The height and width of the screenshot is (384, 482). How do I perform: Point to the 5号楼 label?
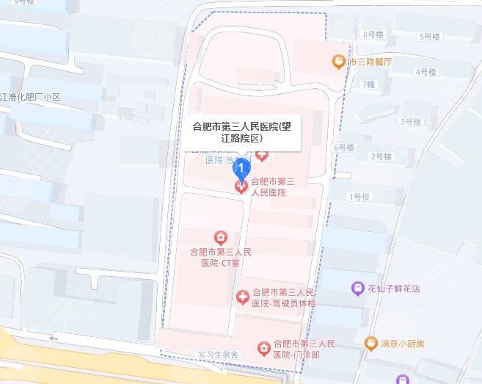tap(429, 36)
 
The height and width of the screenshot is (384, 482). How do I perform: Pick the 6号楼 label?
tap(343, 148)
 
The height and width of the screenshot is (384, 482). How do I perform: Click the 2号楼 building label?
tap(381, 156)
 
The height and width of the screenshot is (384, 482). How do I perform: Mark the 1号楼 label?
tap(359, 196)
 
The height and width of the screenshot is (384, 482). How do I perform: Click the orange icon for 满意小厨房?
tap(372, 343)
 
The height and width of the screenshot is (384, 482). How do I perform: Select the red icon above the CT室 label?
tap(219, 237)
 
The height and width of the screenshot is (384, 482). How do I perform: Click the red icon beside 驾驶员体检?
tap(242, 297)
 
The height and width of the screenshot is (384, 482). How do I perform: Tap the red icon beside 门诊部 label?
tap(263, 347)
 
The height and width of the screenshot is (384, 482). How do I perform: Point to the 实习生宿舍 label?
tap(219, 355)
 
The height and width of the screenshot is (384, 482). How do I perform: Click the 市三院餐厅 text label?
tap(371, 62)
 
